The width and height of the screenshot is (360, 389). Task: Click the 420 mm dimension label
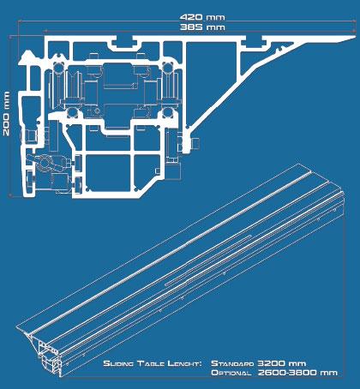[202, 17]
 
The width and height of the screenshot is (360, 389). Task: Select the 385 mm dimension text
[202, 27]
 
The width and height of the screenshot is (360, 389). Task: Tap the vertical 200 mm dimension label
[6, 113]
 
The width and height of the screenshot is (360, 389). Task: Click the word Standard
[232, 363]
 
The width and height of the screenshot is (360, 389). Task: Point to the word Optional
[231, 373]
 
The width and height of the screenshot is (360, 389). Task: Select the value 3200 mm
[282, 363]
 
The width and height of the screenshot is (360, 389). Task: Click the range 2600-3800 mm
[297, 373]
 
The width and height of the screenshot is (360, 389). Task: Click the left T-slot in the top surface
[124, 43]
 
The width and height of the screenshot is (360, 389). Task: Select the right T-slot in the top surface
[255, 43]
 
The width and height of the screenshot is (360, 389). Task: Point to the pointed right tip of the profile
[356, 37]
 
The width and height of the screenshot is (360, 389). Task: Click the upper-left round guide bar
[58, 68]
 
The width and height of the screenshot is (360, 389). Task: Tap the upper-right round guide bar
[167, 68]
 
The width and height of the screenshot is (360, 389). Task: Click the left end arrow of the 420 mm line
[19, 21]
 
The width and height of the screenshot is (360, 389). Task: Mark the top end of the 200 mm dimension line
[10, 37]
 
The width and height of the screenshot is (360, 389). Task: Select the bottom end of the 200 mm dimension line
[10, 195]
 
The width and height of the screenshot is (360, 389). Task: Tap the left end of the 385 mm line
[45, 30]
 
